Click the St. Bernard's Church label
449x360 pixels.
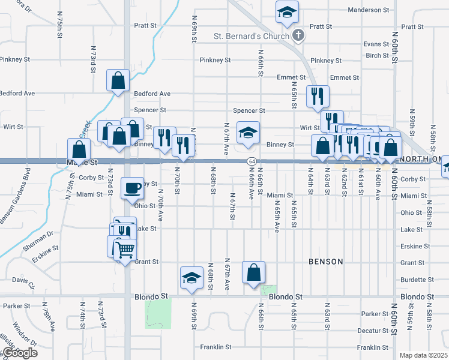[252, 36]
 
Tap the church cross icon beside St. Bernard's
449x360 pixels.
[298, 36]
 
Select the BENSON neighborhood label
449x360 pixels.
[326, 262]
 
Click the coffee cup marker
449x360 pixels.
[132, 188]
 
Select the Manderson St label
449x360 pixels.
[369, 10]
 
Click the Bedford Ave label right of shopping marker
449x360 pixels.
[152, 94]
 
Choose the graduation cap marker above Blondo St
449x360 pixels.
[191, 277]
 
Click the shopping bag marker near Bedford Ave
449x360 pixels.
[118, 79]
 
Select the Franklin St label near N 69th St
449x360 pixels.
[215, 347]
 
